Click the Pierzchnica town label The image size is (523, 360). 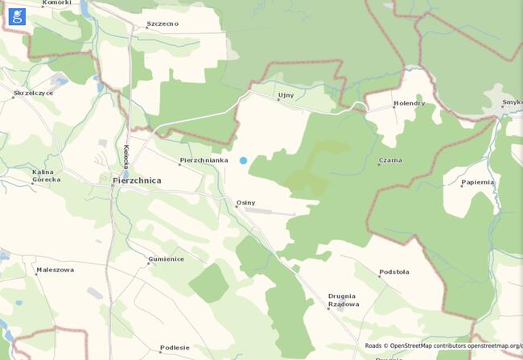137,181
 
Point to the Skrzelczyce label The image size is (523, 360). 33,93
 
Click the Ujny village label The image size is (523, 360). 286,95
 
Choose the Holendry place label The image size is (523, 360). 408,104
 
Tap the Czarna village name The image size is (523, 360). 390,160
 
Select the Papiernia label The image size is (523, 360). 477,182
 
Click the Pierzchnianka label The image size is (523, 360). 204,160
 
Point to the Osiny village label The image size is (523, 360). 245,202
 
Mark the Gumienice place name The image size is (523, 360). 166,259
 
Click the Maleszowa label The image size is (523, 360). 55,270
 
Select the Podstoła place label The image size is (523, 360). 394,272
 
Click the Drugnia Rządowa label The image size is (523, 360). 343,300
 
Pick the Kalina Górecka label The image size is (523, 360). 46,176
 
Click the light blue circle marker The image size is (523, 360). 243,161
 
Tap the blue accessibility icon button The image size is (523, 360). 15,15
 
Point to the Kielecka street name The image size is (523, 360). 126,155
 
